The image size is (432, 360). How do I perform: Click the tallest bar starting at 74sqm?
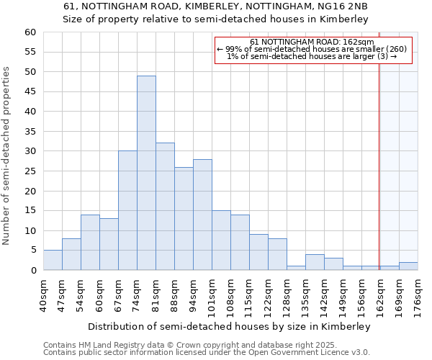click(x=146, y=173)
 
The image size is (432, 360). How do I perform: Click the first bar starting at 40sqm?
click(x=53, y=260)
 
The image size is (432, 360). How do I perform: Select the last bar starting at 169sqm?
click(x=408, y=266)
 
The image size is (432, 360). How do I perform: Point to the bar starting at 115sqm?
click(x=258, y=252)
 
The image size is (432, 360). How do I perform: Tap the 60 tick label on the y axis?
click(x=30, y=32)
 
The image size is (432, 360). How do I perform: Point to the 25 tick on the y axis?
click(x=30, y=171)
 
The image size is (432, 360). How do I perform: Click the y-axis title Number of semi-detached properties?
click(x=7, y=156)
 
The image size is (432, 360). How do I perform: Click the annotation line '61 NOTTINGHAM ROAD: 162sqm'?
click(x=312, y=42)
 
